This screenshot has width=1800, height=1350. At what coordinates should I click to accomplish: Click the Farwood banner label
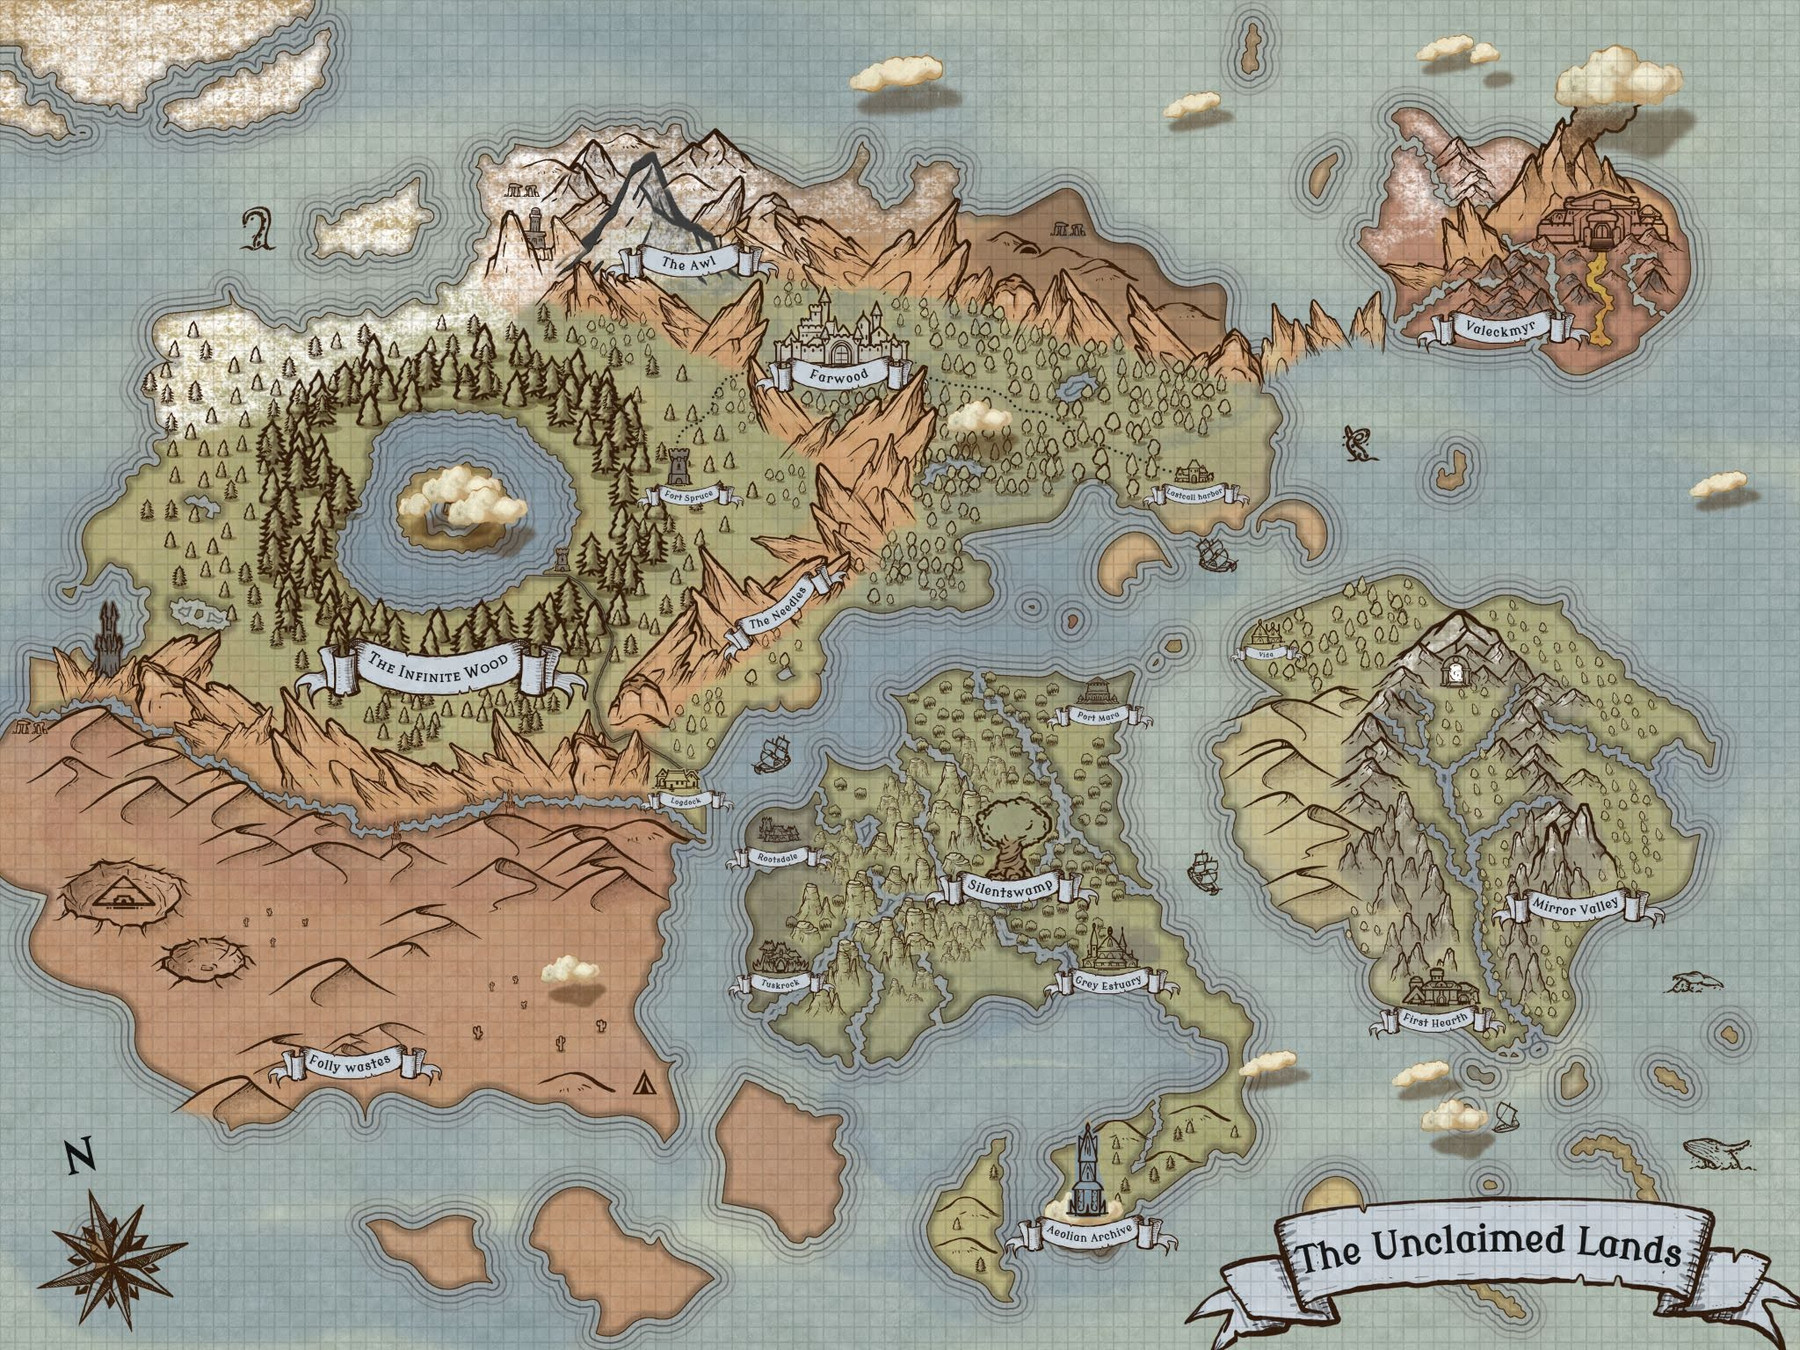point(839,375)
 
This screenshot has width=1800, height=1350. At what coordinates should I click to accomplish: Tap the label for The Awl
point(687,263)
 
